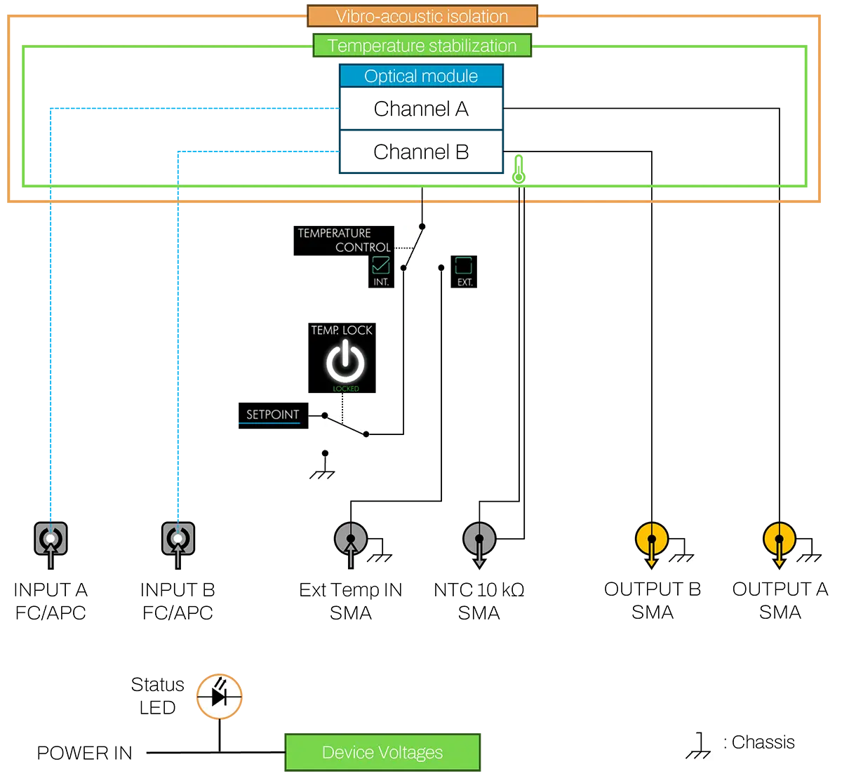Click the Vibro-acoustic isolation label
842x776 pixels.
(422, 16)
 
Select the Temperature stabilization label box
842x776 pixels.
(422, 46)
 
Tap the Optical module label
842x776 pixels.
(421, 76)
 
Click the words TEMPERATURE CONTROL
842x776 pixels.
(344, 240)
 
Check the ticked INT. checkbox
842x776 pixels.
(381, 265)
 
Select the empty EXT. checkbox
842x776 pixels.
(464, 265)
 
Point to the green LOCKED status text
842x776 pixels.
(345, 389)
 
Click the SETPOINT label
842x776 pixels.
(272, 415)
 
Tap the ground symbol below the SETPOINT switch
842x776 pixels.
(322, 474)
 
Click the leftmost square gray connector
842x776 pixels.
(51, 539)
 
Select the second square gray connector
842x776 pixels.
(178, 539)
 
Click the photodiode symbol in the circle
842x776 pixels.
(219, 697)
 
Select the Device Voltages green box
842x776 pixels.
(382, 753)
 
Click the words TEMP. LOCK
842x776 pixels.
(342, 330)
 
